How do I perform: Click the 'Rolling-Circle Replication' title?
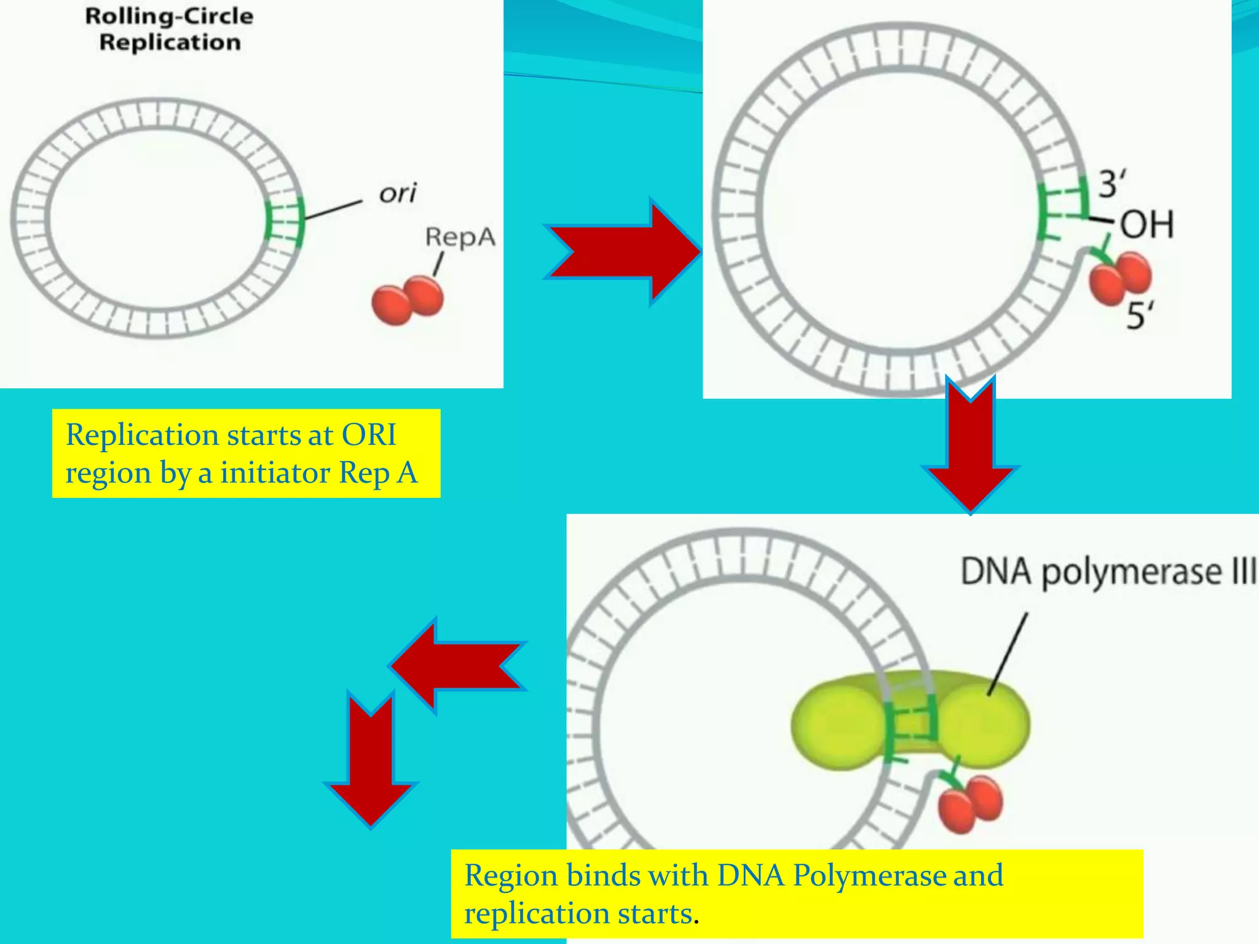[169, 29]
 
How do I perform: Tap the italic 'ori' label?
[398, 194]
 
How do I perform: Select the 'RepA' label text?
[460, 237]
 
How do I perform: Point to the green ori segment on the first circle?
[285, 222]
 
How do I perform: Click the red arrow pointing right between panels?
[621, 251]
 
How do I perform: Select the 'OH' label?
[1147, 224]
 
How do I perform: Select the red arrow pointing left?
[458, 666]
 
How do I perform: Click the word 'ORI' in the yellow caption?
[369, 435]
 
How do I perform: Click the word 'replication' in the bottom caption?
[578, 913]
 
